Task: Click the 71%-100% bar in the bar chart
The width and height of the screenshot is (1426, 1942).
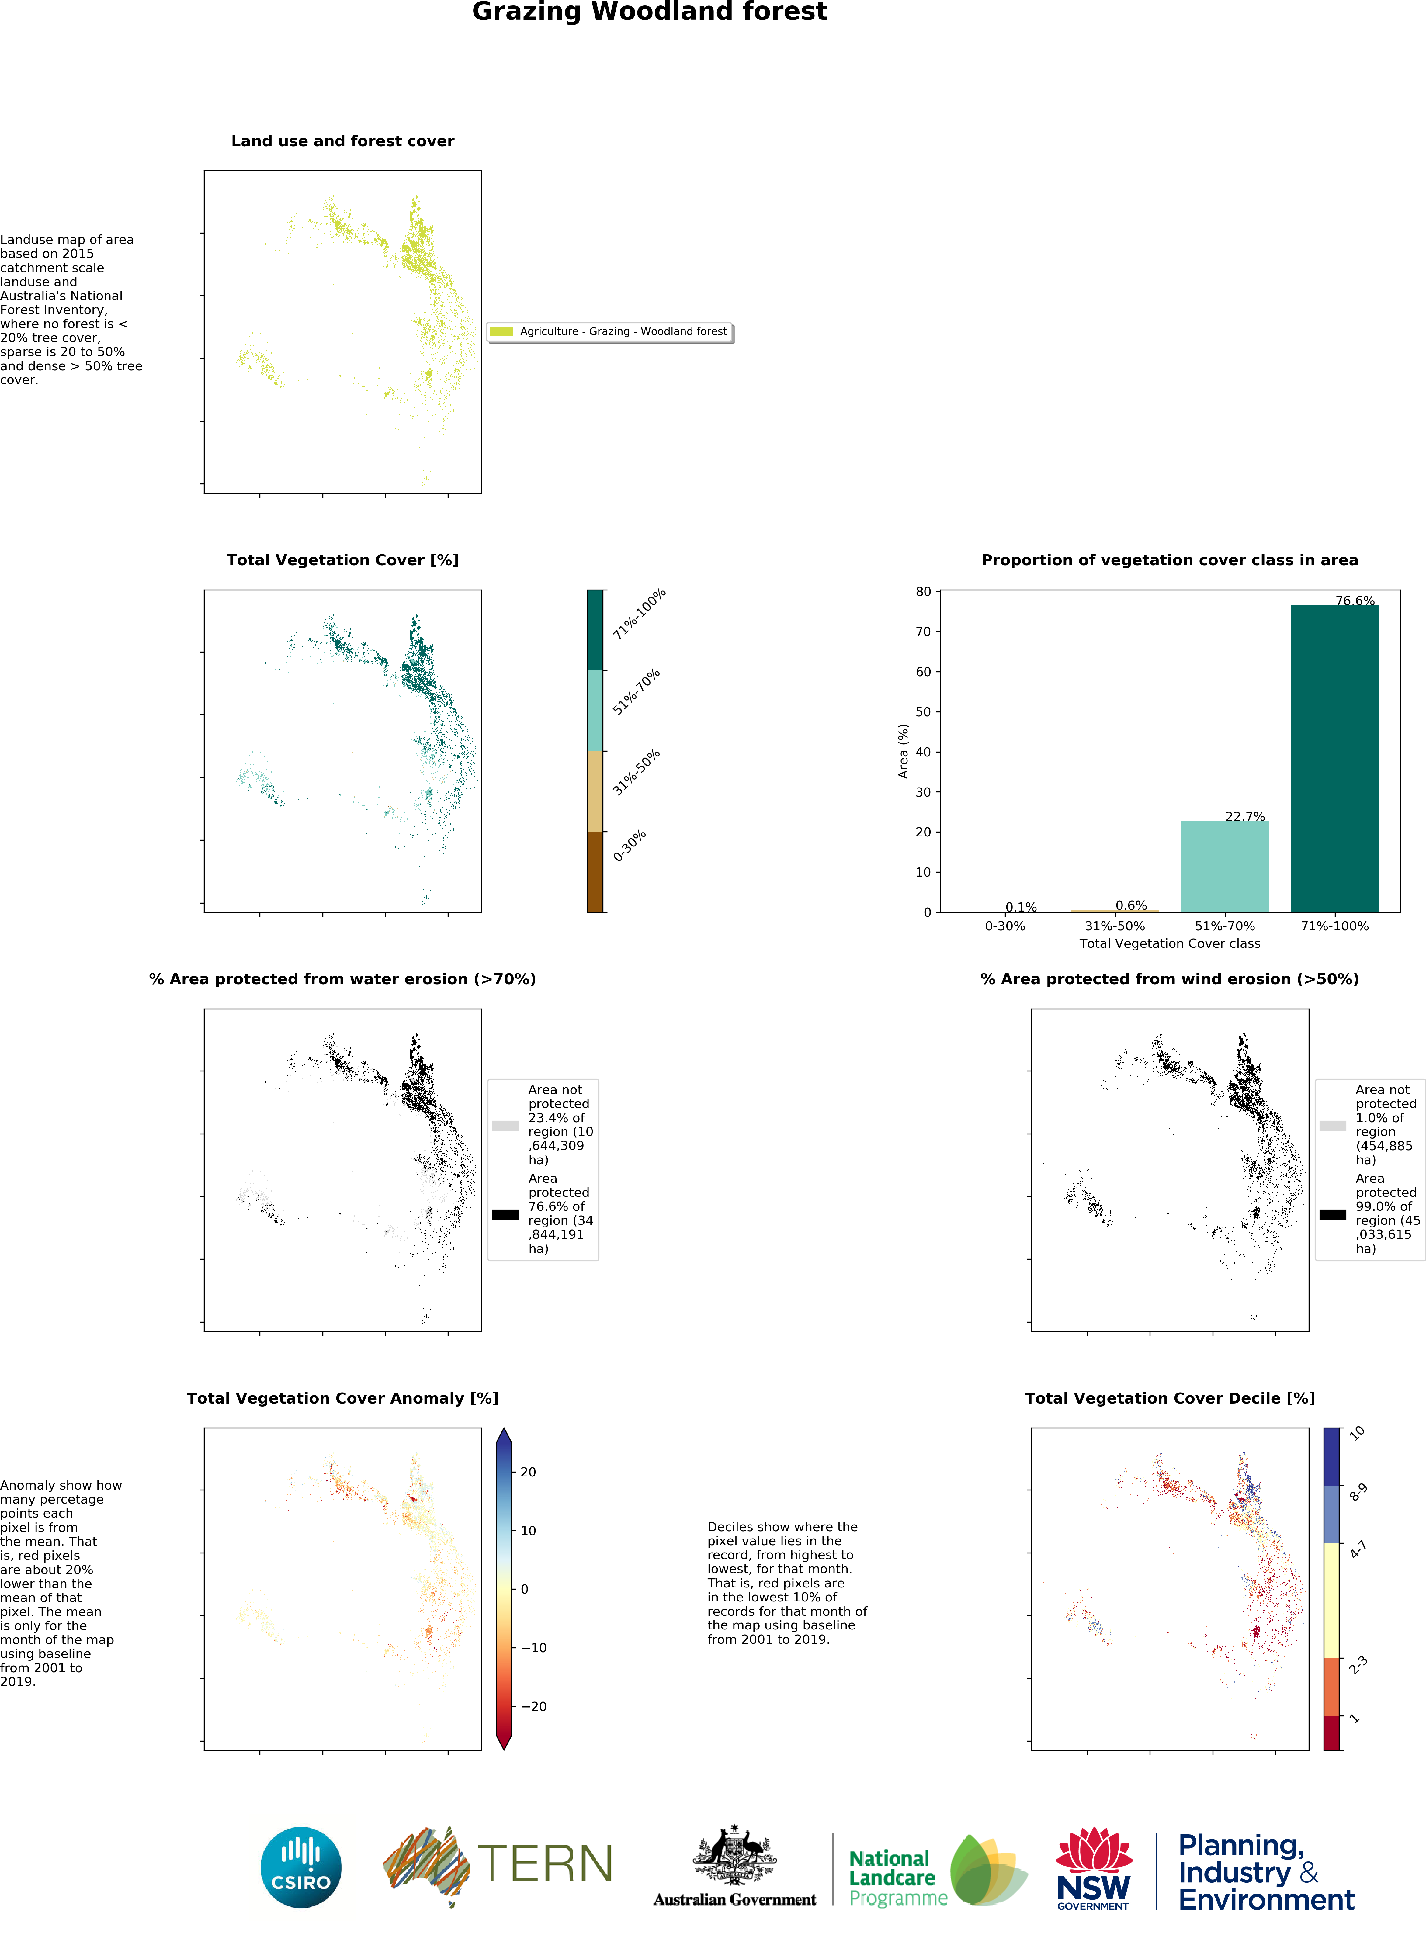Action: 1334,759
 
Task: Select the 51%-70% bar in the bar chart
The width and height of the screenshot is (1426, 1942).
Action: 1225,867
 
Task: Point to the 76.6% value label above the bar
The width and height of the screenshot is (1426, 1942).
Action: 1355,601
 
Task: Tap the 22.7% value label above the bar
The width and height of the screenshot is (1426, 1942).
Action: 1245,816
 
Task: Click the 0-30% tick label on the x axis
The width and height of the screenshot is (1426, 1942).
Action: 1005,926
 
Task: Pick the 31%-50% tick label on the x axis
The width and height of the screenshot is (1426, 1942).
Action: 1114,926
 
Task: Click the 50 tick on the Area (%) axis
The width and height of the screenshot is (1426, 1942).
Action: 924,712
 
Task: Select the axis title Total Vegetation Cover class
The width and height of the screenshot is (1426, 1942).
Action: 1170,943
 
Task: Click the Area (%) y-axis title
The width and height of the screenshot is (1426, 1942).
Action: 903,751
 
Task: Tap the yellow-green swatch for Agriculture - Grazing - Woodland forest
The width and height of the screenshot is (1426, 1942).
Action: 501,331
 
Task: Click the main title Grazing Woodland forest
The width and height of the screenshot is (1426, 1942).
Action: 649,12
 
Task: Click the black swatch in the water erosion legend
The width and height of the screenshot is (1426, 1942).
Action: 505,1214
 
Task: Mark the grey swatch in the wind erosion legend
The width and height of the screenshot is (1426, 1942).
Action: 1333,1126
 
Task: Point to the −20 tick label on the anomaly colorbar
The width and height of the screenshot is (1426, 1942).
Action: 533,1706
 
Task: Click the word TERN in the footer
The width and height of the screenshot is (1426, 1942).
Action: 545,1864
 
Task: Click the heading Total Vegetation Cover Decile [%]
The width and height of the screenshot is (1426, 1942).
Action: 1170,1398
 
